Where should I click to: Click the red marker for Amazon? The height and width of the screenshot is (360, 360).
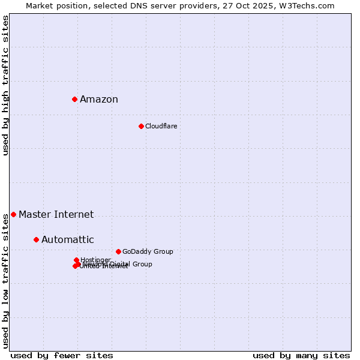point(74,99)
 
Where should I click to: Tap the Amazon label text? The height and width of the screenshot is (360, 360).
point(99,100)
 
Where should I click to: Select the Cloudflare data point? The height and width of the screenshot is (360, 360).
point(141,126)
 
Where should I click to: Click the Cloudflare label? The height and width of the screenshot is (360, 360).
point(161,127)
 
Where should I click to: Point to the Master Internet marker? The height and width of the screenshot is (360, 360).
point(13,214)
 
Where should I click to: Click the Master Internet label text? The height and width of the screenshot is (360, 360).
point(56,215)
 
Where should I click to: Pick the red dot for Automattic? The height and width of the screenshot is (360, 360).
point(36,239)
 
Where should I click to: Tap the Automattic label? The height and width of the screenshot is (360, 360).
point(67,240)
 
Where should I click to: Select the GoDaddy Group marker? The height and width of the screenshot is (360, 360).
point(118,251)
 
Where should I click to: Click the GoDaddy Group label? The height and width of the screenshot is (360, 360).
point(148,252)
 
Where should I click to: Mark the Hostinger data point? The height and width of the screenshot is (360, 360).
point(76,260)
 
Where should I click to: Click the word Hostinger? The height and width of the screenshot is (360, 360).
point(95,259)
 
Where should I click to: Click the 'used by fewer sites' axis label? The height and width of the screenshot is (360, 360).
point(62,355)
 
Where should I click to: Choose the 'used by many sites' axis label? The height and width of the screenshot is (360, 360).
point(301,355)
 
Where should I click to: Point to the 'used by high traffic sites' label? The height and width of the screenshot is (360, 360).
point(5,85)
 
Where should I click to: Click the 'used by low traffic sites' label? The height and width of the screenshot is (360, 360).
point(5,281)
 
